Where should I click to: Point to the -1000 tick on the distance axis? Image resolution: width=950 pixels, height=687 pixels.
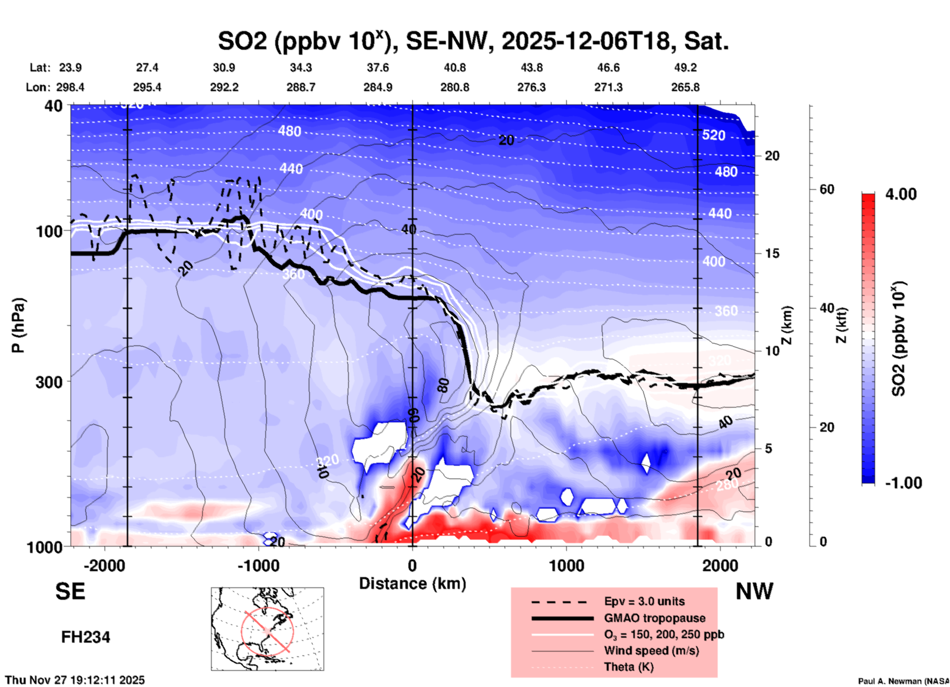click(x=258, y=566)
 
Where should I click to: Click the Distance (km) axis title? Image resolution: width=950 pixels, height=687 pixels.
click(x=412, y=584)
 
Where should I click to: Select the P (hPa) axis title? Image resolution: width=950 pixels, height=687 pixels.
click(x=18, y=325)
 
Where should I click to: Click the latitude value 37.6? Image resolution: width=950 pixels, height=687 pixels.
click(x=378, y=68)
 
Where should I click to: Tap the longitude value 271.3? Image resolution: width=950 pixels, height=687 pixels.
click(x=608, y=87)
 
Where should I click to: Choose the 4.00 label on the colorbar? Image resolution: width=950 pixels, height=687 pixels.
click(x=901, y=194)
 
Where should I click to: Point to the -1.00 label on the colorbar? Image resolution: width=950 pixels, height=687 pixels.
click(x=903, y=482)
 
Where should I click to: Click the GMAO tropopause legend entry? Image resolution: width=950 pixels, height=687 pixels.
click(x=655, y=618)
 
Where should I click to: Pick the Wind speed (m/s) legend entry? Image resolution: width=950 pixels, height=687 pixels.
click(x=651, y=651)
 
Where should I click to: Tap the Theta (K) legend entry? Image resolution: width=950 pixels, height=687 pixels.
click(x=629, y=667)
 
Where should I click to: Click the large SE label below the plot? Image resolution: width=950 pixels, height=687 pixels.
click(x=70, y=591)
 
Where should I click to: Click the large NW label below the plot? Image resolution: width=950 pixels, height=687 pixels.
click(x=754, y=591)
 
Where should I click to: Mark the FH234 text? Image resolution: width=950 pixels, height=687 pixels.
click(x=85, y=637)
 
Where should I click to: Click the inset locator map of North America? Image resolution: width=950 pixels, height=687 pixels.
click(x=267, y=629)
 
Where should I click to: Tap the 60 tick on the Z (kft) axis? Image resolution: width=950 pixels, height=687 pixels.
click(x=827, y=189)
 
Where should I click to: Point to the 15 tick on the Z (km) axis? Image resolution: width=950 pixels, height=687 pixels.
click(x=772, y=253)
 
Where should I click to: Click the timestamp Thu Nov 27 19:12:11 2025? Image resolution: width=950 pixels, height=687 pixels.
click(x=75, y=680)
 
